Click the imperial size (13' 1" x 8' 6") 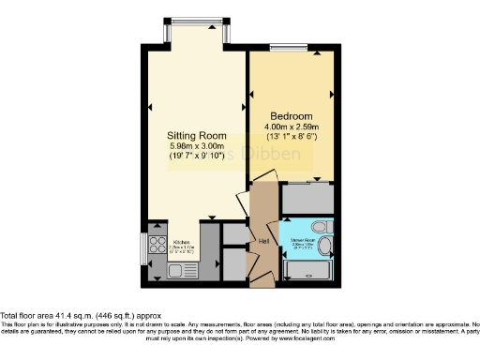(x=291, y=137)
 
